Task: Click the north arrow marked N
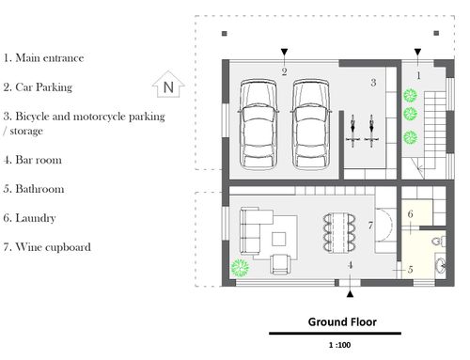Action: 168,84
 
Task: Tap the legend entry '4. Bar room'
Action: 33,160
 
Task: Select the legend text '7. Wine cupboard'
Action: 47,247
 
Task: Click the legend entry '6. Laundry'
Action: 29,218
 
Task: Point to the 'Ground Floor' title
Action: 342,321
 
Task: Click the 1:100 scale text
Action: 339,345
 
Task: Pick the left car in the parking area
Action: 258,124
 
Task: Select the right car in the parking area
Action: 310,124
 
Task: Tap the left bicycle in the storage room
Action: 352,131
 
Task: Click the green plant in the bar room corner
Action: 240,268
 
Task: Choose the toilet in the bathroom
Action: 439,241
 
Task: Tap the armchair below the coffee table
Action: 281,264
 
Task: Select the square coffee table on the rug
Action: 278,239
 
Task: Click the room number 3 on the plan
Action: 373,83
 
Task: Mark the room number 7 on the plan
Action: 370,226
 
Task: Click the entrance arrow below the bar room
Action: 351,293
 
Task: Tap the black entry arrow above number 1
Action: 417,52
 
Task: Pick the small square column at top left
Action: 225,34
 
